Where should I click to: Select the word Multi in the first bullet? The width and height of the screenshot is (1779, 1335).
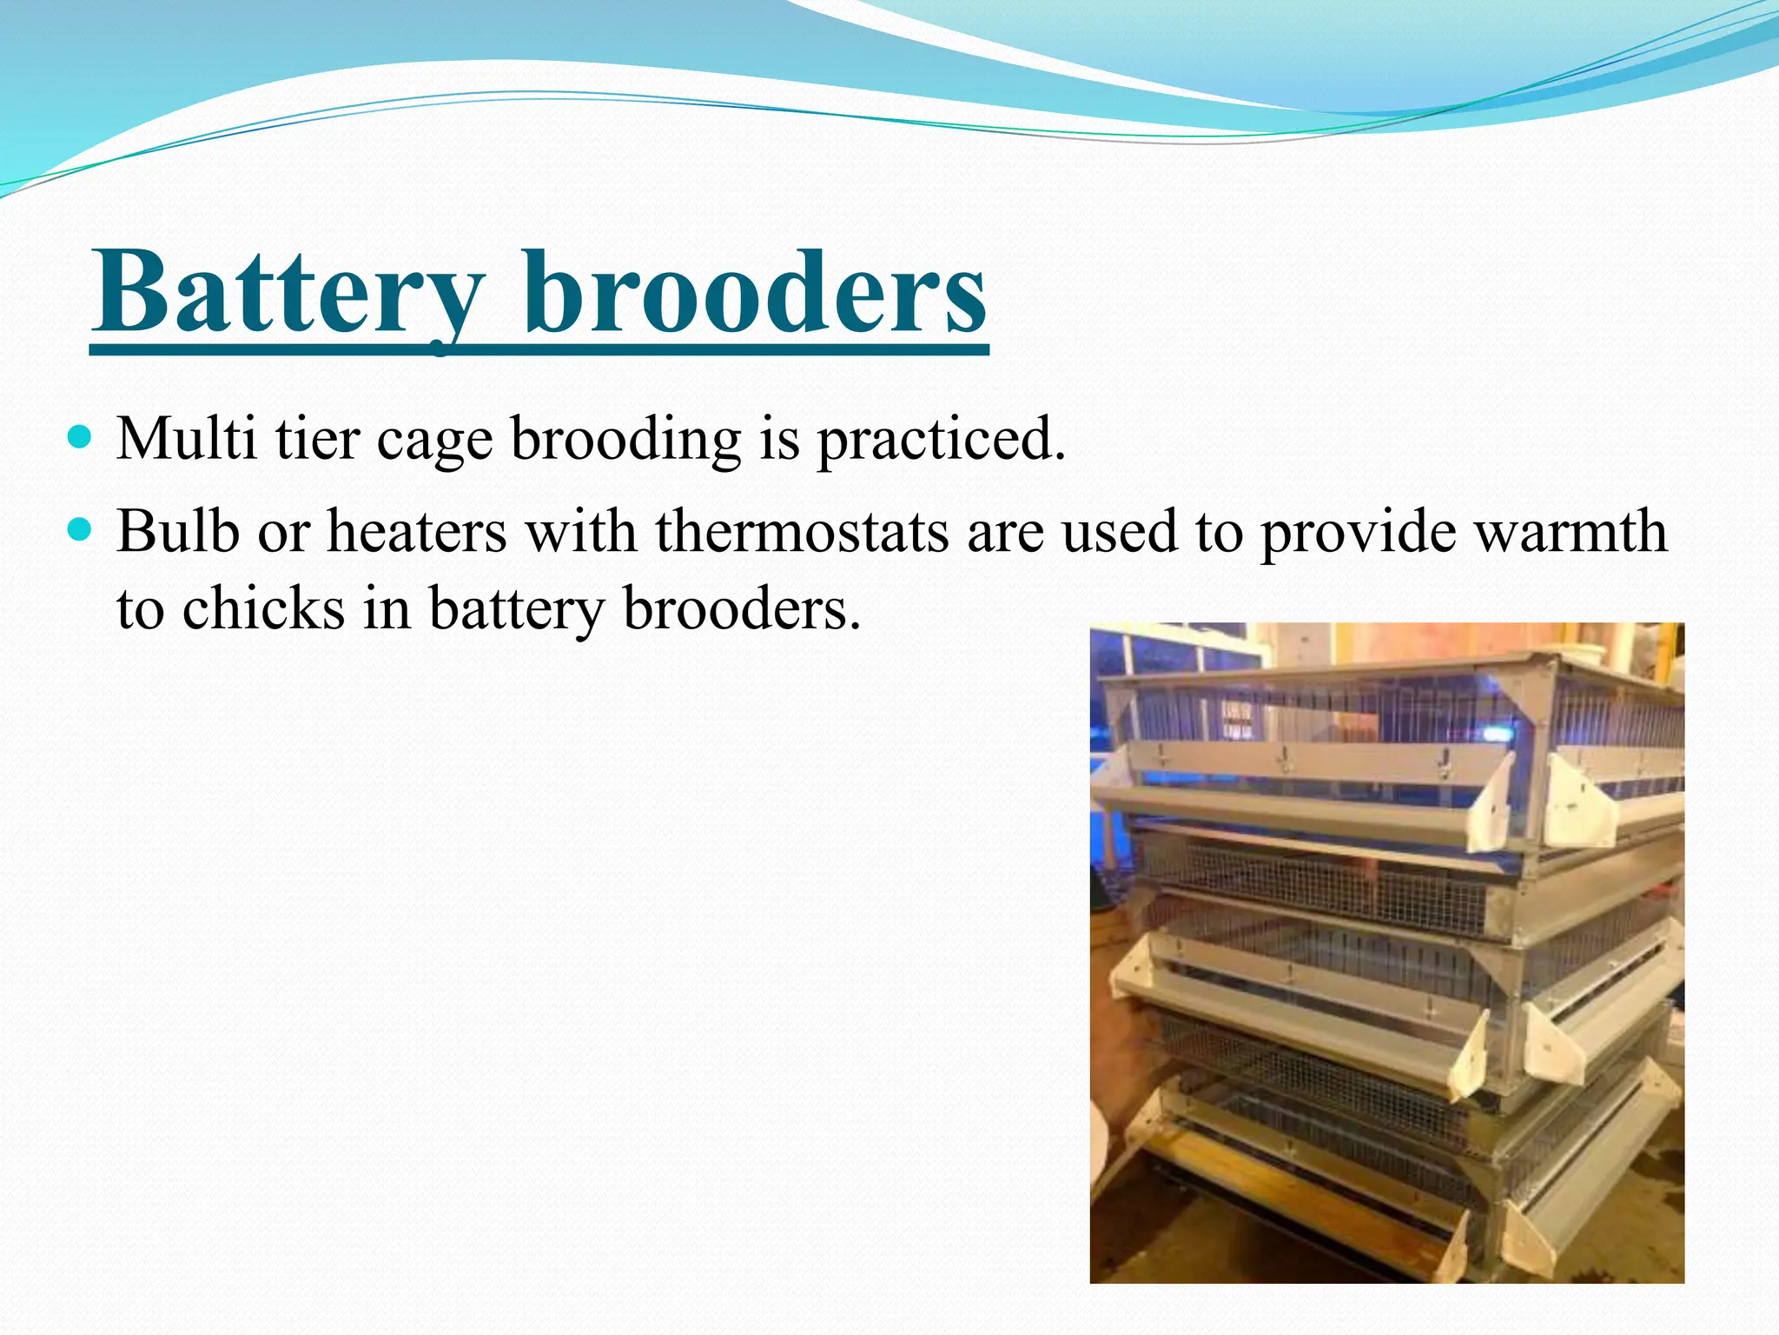(186, 438)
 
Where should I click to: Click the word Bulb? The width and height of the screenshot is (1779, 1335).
(177, 531)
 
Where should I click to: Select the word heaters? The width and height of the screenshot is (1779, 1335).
(417, 531)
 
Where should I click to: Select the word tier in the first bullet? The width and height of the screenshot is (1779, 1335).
(317, 438)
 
